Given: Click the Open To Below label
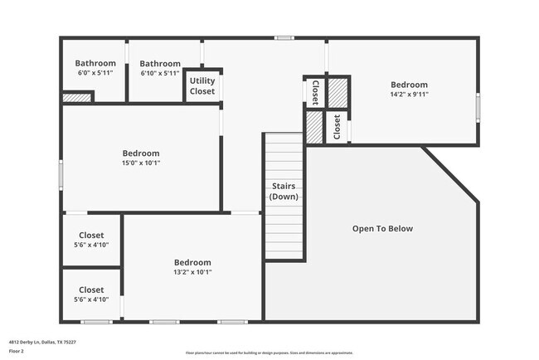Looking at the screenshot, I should tap(382, 228).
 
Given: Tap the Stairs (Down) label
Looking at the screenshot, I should tap(284, 192).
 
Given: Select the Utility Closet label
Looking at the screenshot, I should tap(202, 85).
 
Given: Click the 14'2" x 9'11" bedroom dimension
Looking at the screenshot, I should tap(409, 95).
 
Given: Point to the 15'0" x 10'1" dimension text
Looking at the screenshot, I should tap(141, 163).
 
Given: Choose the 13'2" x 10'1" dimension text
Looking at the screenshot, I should tap(192, 272).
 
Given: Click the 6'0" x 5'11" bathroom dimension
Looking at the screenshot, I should tap(95, 73).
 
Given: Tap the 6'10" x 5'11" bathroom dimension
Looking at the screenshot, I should tap(160, 73).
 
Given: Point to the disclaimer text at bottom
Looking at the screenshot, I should tap(269, 353).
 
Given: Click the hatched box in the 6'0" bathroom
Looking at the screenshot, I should tap(77, 98).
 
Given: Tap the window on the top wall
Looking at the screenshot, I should tap(284, 38).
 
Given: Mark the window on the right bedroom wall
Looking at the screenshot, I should tap(478, 108).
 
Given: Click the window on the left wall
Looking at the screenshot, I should tap(61, 175).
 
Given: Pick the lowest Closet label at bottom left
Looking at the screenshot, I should tap(91, 289).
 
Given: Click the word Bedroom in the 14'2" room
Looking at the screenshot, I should tap(409, 85).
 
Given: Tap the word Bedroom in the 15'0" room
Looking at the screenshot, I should tap(141, 153).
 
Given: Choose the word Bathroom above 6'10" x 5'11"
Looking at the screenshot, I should tap(160, 63).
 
